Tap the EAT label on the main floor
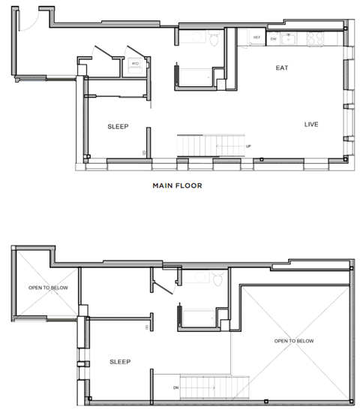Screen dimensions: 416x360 coord(282,68)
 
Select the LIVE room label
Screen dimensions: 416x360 coord(313,124)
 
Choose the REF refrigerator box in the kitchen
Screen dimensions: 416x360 coord(256,38)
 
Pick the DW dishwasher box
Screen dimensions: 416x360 coord(274,38)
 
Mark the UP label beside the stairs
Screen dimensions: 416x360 coord(248,146)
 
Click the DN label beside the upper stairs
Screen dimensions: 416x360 coord(175,387)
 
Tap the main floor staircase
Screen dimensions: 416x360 coord(210,144)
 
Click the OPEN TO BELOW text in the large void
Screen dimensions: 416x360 coord(294,340)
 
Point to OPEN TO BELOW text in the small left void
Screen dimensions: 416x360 coord(45,287)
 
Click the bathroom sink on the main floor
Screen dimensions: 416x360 coord(198,38)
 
